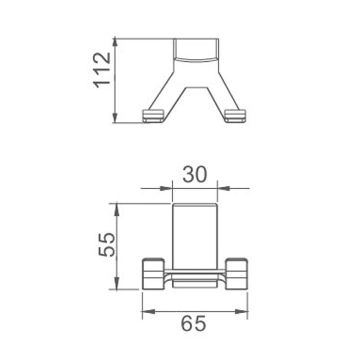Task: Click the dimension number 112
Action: [102, 70]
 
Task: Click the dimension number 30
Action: [195, 174]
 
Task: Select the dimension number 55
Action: [106, 244]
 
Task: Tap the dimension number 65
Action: [194, 324]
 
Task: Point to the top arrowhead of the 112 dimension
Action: [116, 44]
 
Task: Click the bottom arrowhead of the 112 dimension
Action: [116, 118]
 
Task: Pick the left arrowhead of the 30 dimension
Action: [166, 188]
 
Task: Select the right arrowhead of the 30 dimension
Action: [224, 188]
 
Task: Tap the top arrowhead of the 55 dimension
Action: [117, 209]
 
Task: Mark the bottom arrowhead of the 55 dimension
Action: [117, 283]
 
